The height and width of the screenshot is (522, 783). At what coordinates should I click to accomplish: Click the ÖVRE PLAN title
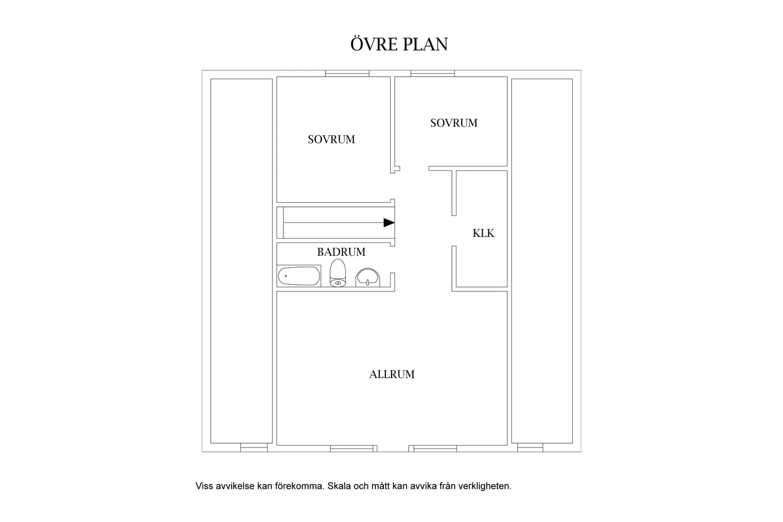point(399,44)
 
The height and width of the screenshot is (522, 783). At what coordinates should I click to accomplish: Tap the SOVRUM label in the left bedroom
point(331,140)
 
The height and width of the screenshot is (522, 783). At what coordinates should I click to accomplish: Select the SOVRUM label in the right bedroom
point(454,123)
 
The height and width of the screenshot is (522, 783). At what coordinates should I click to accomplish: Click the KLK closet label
point(484,233)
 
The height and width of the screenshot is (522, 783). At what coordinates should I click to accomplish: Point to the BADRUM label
point(341,252)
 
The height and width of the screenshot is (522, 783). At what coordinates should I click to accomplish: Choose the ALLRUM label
point(392,374)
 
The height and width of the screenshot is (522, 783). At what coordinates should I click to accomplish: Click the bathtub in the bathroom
point(299,276)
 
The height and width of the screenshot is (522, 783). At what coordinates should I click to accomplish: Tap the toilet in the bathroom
point(338,273)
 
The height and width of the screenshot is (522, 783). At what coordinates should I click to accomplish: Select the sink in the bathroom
point(367,278)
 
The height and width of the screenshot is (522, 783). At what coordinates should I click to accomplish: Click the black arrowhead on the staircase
point(389,223)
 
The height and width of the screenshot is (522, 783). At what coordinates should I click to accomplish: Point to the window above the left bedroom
point(347,74)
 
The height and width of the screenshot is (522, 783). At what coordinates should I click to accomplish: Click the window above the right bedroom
point(432,74)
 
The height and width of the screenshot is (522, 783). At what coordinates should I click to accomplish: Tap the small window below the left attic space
point(254,447)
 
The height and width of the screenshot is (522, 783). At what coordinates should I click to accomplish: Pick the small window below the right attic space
point(530,447)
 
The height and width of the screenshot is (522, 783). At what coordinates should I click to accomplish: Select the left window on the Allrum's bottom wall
point(354,448)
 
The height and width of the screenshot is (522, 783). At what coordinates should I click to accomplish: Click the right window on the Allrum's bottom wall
point(433,448)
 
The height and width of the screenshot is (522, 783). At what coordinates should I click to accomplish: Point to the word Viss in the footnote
point(204,486)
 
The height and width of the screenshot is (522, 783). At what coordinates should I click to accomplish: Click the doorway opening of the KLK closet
point(454,231)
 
